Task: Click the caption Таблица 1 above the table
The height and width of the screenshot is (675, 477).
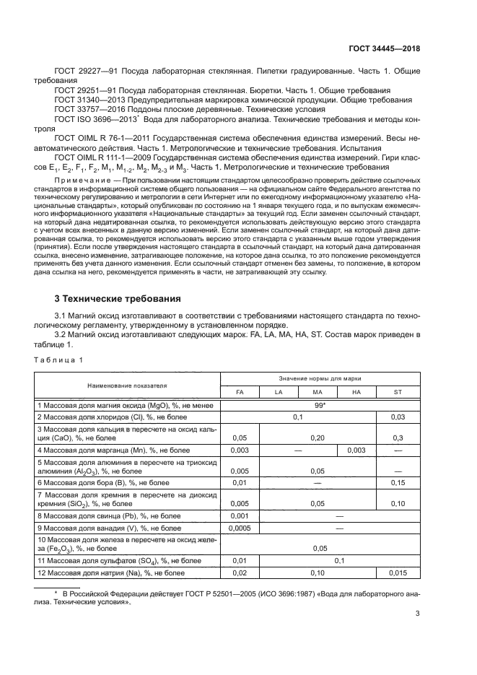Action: tap(61, 359)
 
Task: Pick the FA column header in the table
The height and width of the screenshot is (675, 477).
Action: tap(239, 392)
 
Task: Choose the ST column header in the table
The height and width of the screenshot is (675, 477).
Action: tap(397, 392)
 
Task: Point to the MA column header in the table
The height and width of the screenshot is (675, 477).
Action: tap(318, 392)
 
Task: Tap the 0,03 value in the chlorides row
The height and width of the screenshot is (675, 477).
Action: tap(397, 418)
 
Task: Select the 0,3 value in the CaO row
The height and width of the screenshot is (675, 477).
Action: tap(397, 437)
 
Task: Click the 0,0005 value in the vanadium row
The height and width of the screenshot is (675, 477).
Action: tap(239, 528)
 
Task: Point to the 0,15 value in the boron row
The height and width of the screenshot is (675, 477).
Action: tap(397, 482)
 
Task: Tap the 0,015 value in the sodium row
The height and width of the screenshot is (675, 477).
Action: tap(397, 573)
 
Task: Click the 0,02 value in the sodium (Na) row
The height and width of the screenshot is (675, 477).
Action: tap(239, 573)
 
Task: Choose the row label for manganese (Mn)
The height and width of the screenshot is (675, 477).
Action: tap(102, 450)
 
